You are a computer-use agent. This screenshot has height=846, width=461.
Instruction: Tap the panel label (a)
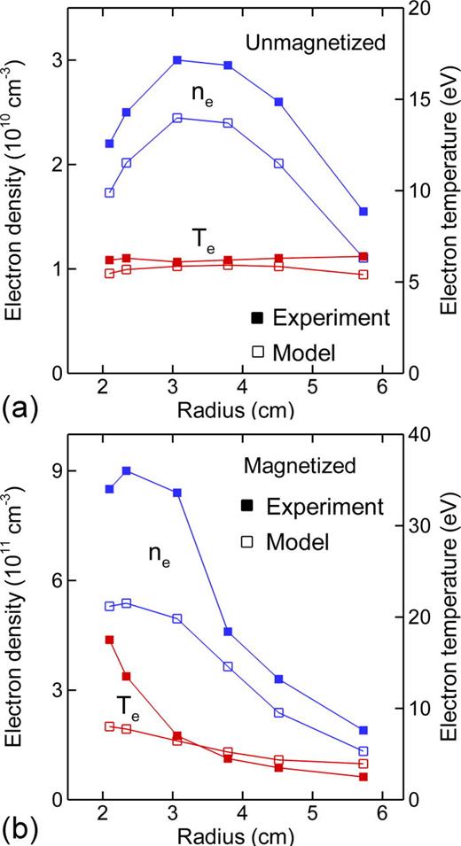(20, 409)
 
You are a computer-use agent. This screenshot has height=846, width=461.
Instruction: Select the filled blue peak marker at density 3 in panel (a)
(177, 60)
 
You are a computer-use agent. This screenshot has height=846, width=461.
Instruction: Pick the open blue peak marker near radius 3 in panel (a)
(177, 118)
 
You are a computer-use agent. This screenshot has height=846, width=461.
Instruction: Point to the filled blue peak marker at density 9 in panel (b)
(127, 471)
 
